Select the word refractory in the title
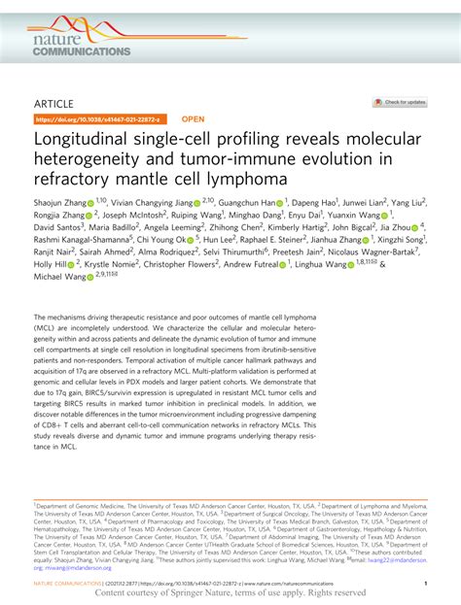74,179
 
